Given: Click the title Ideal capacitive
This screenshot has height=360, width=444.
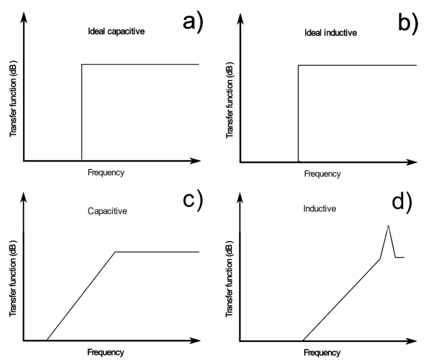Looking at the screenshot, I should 116,32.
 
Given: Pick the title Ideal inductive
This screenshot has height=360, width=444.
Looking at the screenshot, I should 331,34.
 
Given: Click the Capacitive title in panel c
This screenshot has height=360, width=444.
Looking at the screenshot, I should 107,211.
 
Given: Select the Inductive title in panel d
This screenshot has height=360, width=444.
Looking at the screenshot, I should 320,208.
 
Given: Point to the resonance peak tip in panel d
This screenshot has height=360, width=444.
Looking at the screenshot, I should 388,225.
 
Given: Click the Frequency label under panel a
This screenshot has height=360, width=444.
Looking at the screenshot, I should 106,173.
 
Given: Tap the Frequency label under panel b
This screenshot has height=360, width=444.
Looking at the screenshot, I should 322,174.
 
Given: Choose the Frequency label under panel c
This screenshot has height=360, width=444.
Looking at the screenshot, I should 106,353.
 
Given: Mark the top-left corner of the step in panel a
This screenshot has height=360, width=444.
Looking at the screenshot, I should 82,65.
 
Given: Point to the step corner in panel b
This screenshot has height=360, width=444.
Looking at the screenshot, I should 298,65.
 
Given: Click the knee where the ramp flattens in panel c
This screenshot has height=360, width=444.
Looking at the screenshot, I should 115,252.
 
